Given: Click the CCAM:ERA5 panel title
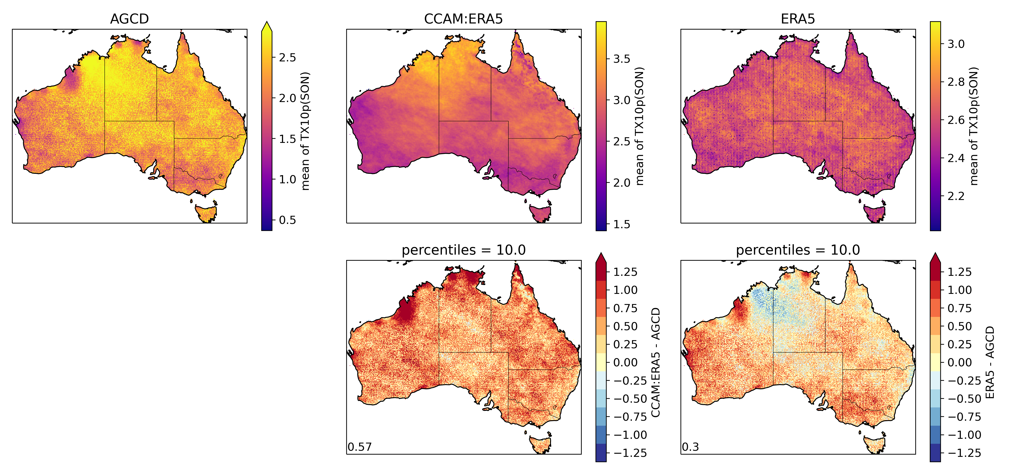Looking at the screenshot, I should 463,19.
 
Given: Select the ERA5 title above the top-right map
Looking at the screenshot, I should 798,19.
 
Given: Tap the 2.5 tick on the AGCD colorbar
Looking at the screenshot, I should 287,58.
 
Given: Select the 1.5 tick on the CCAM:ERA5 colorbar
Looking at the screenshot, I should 621,224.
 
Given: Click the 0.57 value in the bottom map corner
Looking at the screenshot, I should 359,447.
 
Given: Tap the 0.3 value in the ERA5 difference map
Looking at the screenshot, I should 690,447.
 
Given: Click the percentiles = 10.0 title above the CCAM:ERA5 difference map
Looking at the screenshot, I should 463,250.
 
